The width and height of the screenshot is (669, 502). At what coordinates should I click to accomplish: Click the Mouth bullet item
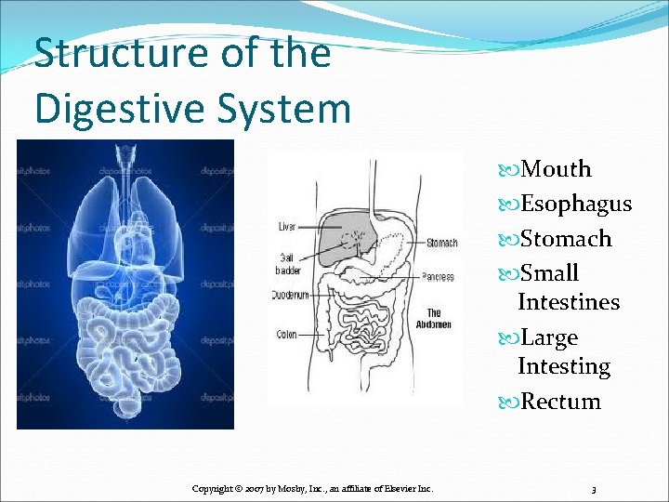(556, 169)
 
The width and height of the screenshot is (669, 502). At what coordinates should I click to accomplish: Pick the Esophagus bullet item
(576, 204)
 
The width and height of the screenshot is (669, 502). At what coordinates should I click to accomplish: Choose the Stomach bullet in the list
(566, 239)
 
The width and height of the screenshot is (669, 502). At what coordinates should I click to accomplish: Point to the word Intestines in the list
(569, 302)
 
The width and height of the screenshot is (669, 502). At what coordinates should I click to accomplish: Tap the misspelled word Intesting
(564, 366)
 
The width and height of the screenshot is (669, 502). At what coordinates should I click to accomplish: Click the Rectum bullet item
(560, 402)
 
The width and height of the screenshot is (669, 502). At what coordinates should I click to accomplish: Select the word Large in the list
(549, 337)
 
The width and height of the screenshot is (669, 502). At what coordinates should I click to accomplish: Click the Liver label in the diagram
(288, 227)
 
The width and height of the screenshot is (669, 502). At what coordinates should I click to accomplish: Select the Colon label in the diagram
(287, 334)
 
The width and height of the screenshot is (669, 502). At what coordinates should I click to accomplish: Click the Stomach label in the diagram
(441, 244)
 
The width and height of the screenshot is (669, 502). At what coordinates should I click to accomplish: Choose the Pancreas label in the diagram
(437, 276)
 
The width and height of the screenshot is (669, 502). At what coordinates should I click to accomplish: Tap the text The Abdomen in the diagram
(434, 319)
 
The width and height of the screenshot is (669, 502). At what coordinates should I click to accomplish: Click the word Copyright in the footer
(213, 488)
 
